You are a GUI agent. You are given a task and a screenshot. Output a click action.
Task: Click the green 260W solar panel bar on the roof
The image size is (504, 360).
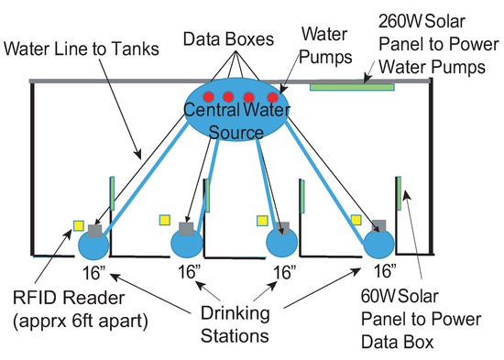tap(352, 87)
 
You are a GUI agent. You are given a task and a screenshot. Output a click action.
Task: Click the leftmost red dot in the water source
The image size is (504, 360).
tap(209, 97)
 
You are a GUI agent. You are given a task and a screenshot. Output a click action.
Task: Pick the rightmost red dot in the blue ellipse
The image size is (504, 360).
tap(272, 97)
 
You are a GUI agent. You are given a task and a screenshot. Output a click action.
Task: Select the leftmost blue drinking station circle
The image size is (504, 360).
tap(93, 245)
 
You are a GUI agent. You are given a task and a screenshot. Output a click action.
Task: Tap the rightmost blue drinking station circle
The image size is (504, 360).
tap(378, 245)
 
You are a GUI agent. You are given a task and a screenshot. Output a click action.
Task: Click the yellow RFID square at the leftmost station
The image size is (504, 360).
tap(79, 224)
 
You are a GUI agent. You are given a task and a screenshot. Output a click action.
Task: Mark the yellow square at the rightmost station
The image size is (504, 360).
tap(356, 220)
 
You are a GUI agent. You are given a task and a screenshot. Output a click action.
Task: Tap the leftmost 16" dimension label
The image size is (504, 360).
tap(92, 271)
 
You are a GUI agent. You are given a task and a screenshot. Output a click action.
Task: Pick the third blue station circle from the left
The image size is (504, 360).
tap(280, 245)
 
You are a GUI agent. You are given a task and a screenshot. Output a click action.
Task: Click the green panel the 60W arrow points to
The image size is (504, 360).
tap(400, 193)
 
